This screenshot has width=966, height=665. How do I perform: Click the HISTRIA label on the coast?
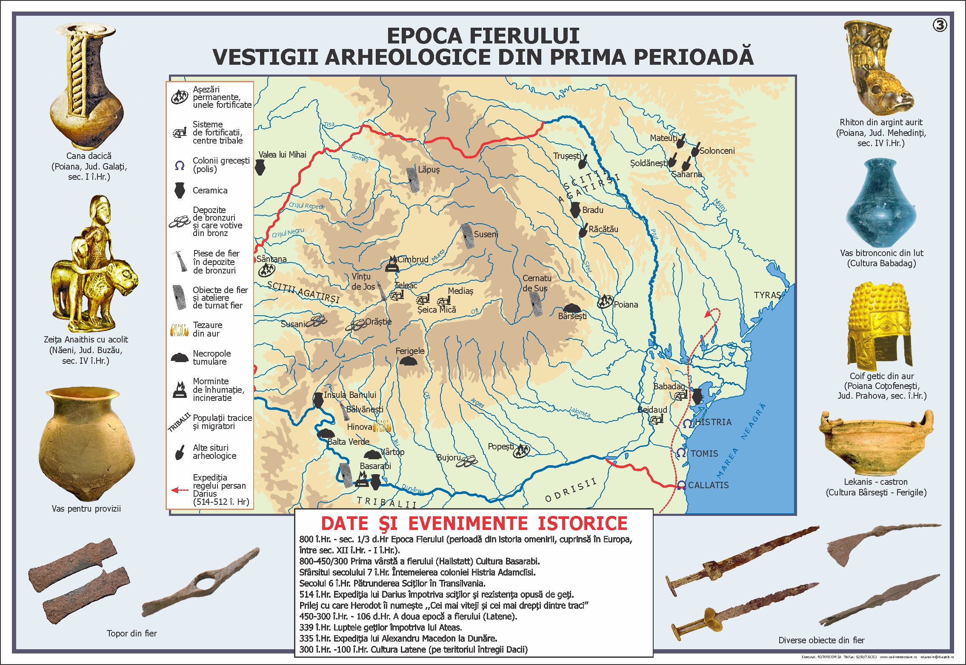point(713,422)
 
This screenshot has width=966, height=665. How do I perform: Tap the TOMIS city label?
point(704,454)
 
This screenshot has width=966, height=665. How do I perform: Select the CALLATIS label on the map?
point(708,485)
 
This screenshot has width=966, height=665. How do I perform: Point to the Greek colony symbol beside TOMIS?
point(681,453)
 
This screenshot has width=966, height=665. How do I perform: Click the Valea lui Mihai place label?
point(282,155)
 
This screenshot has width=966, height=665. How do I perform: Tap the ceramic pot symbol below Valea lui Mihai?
point(260,167)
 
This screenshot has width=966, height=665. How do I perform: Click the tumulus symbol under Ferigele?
point(408,362)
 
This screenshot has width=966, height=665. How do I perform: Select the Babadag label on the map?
point(669,386)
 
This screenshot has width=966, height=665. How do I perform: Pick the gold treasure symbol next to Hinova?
point(382,426)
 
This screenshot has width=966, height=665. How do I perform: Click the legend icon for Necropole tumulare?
point(180,357)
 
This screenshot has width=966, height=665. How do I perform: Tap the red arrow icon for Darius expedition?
point(180,490)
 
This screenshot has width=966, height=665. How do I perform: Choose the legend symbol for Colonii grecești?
point(180,165)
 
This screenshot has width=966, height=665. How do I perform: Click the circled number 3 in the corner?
point(940,25)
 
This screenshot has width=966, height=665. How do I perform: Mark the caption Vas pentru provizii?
point(86,509)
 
